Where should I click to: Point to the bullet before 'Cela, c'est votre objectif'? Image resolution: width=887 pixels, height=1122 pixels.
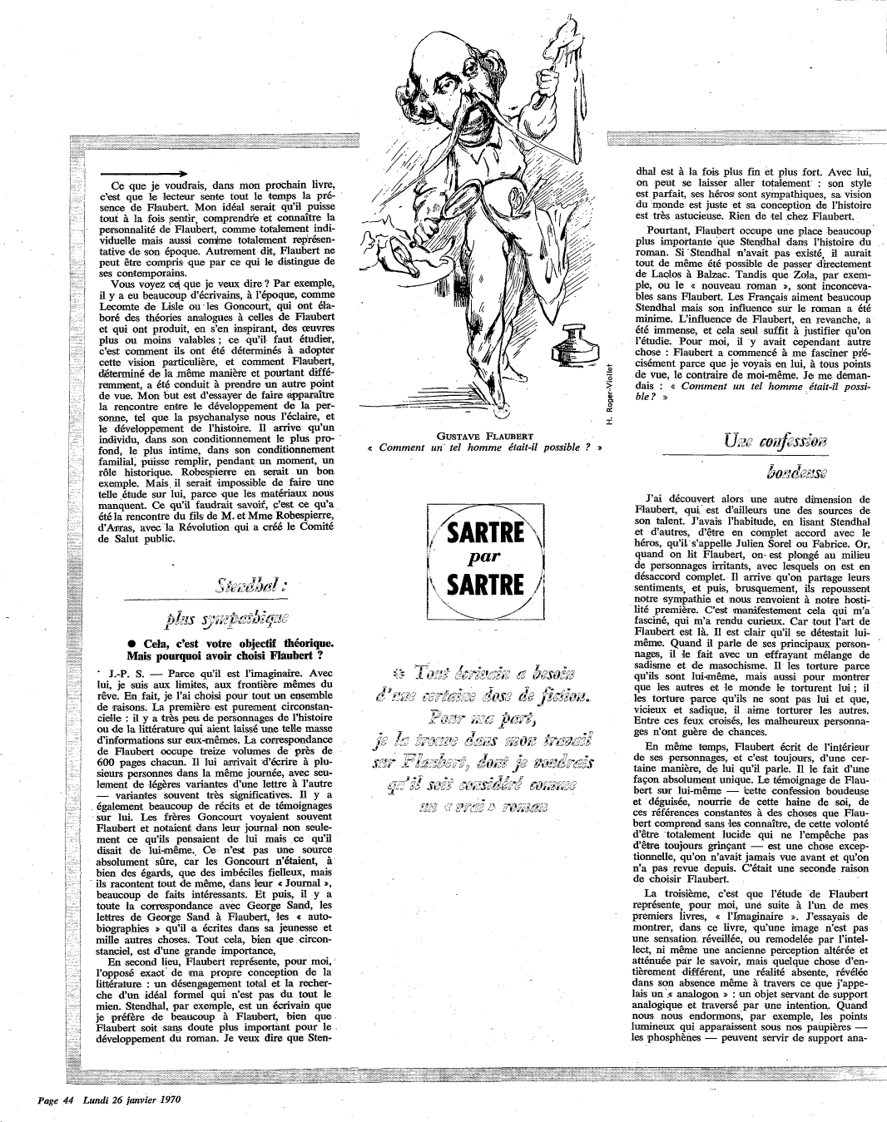[133, 641]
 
